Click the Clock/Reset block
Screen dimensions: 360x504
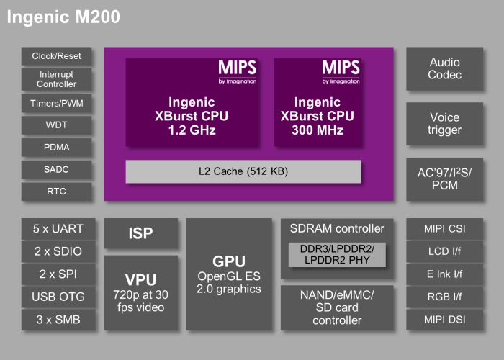57,56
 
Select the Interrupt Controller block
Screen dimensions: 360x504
57,79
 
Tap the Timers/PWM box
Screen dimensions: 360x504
57,103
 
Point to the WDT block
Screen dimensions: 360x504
57,125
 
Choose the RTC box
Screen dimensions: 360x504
57,192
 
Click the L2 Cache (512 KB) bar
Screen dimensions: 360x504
243,171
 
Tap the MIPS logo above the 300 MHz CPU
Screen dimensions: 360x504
340,71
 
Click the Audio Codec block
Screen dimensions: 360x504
444,69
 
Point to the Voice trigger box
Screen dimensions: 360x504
444,124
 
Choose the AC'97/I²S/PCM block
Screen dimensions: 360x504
444,179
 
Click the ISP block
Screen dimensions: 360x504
140,233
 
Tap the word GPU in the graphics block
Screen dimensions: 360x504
228,261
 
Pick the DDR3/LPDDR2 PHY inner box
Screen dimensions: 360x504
337,254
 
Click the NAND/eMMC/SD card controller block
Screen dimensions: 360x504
337,307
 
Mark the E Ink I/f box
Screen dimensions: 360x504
444,274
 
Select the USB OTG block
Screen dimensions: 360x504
58,297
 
